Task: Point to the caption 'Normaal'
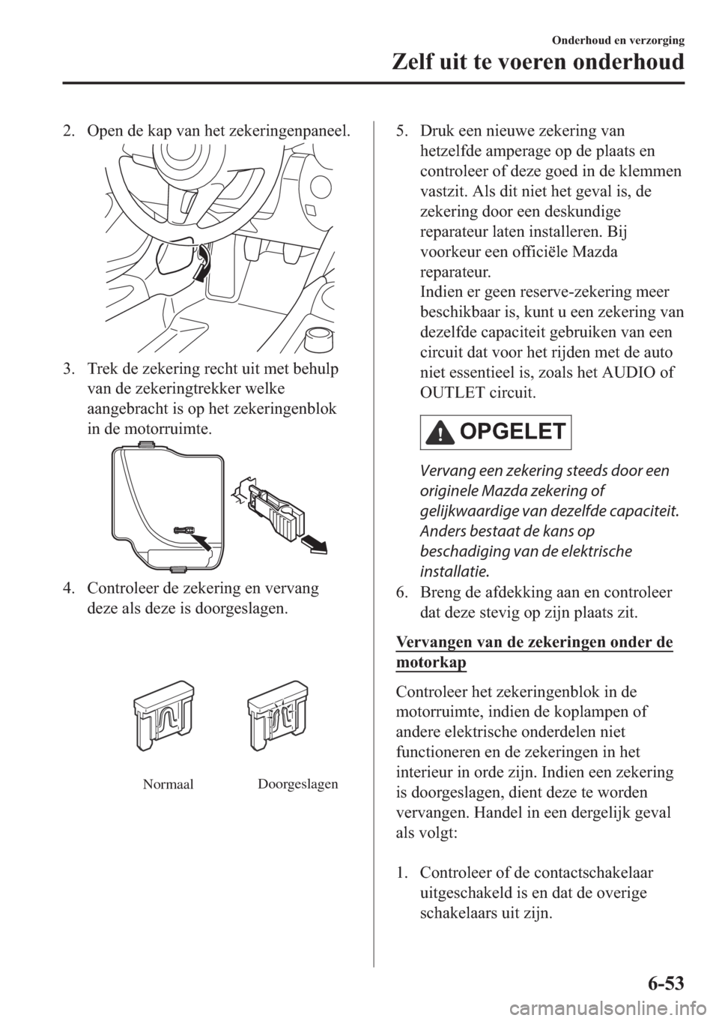click(167, 784)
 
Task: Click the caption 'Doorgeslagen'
click(297, 784)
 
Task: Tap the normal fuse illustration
click(163, 716)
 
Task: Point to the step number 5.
click(401, 133)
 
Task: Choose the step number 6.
click(401, 593)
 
